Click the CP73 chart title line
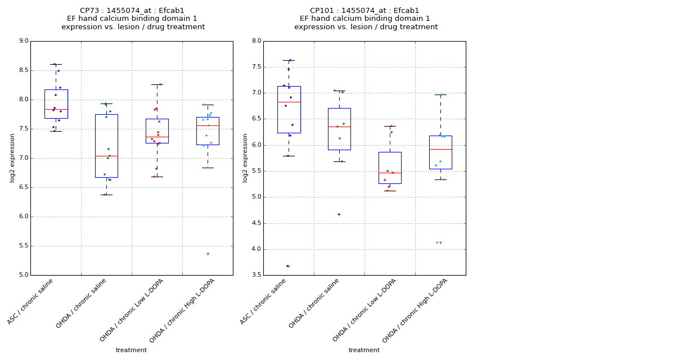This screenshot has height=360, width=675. (132, 11)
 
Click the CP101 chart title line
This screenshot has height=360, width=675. (364, 11)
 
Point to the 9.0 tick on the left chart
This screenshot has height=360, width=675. (23, 41)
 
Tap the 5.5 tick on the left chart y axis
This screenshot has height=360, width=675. (23, 246)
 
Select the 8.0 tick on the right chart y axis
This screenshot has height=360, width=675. (256, 41)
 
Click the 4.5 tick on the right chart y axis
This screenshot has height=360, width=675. (256, 223)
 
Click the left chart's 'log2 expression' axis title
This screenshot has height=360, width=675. (12, 157)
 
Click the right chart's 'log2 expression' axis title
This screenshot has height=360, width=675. (245, 157)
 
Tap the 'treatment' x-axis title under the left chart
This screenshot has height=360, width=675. (131, 350)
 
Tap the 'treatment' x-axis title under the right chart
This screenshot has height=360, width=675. (364, 350)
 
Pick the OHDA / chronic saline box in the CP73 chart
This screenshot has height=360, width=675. (106, 146)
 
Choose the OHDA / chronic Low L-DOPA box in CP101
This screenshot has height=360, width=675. (390, 168)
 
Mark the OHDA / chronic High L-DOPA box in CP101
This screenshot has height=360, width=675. (440, 152)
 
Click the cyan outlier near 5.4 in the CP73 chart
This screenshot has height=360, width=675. (208, 254)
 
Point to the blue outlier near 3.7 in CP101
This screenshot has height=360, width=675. (287, 266)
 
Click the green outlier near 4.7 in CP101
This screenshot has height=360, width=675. (339, 214)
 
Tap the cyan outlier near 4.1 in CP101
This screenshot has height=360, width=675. (437, 242)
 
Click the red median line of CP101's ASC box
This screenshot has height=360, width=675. (289, 102)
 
